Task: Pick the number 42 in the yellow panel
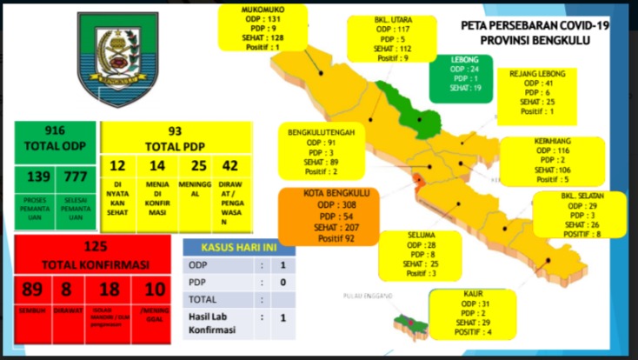tap(230, 165)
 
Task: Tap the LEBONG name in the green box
tap(461, 59)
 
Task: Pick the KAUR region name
tap(473, 293)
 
